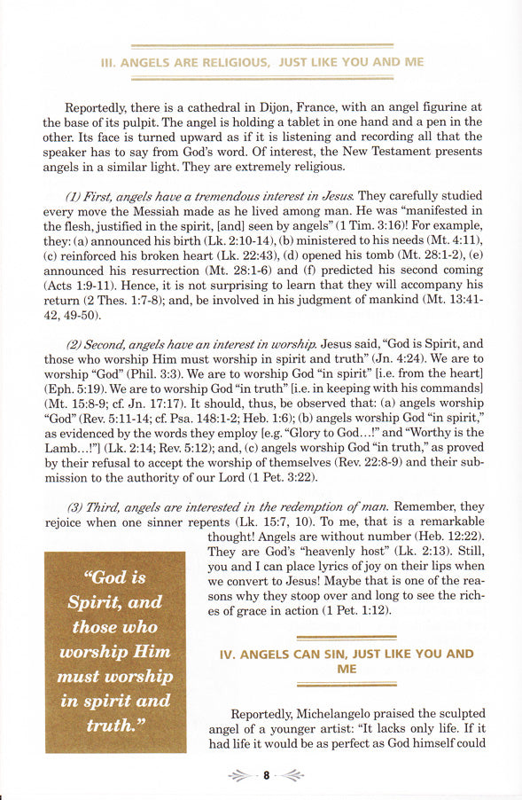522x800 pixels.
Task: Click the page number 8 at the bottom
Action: (265, 776)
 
